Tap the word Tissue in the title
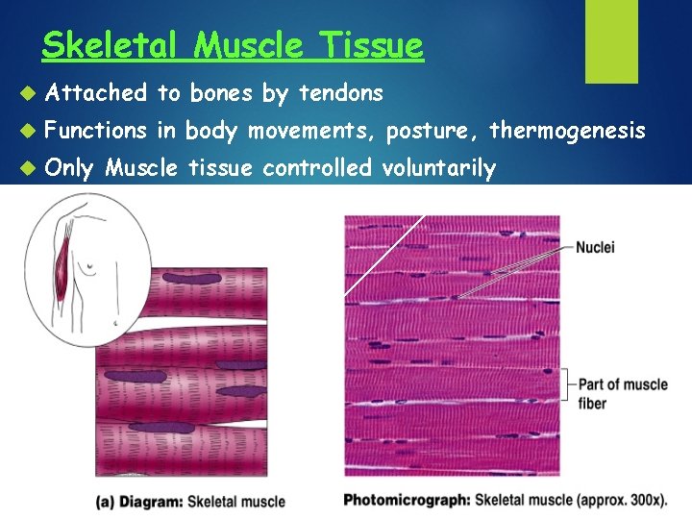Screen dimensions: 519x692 (x=370, y=45)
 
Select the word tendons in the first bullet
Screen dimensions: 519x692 (x=341, y=93)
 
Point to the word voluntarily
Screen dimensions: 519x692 (x=438, y=169)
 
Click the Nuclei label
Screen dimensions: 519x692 (x=595, y=248)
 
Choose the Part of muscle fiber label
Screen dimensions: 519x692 (x=622, y=393)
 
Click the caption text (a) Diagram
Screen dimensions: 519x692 (x=140, y=501)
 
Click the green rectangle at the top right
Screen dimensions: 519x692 (x=611, y=40)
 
